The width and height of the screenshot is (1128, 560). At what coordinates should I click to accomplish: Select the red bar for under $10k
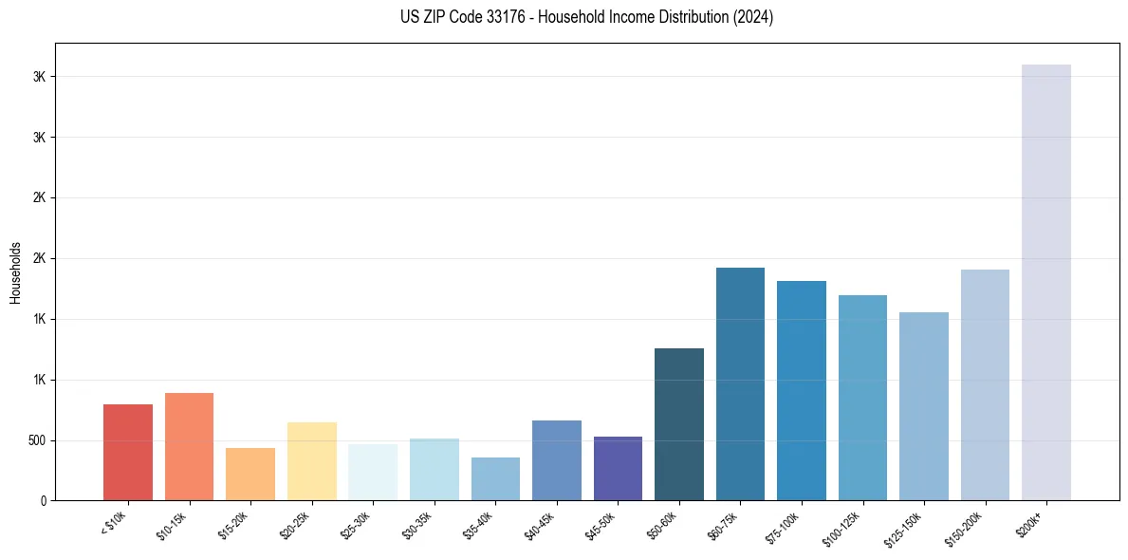coord(128,453)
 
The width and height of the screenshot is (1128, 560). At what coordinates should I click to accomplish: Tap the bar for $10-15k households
coord(189,447)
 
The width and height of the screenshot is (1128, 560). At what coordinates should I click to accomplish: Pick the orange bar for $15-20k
coord(250,475)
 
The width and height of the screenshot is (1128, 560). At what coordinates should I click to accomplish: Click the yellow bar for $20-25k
coord(311,461)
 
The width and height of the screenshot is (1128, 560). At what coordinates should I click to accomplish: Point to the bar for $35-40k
coord(495,479)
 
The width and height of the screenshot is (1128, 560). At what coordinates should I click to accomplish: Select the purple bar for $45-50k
coord(618,469)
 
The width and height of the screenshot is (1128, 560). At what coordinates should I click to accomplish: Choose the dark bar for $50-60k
coord(679,424)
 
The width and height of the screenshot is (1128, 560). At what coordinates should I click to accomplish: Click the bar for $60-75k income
coord(740,384)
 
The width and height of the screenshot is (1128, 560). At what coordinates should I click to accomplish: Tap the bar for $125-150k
coord(924,406)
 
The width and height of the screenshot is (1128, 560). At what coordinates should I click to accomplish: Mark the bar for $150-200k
coord(985,385)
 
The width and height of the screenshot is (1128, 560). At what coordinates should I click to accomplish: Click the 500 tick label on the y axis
coord(35,440)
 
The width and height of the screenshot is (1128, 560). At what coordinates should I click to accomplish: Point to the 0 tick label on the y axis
coord(43,501)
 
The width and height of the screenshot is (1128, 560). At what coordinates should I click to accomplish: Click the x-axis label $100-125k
coord(841,525)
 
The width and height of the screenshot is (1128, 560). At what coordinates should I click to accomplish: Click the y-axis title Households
coord(15,272)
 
